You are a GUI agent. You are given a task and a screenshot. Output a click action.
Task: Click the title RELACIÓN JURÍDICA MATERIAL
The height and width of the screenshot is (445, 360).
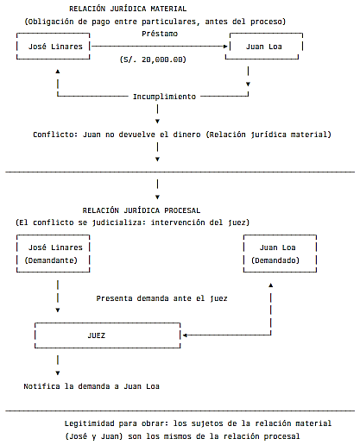[x=128, y=9]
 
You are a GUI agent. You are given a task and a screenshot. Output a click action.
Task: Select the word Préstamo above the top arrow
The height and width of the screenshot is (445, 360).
[x=160, y=34]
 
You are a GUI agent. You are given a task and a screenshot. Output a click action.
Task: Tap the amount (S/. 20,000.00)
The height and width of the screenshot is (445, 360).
[x=153, y=60]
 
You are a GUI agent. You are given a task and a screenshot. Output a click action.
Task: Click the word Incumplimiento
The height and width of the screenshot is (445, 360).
[x=164, y=97]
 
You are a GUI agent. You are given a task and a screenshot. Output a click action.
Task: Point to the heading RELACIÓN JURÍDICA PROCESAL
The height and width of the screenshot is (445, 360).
[x=142, y=210]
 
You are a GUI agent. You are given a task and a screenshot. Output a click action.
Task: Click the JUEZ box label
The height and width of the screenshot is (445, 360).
[x=97, y=335]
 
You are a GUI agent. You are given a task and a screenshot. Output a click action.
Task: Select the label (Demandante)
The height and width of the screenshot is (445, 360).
[x=51, y=260]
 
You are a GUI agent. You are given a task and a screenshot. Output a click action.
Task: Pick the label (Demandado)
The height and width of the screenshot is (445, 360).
[x=275, y=260]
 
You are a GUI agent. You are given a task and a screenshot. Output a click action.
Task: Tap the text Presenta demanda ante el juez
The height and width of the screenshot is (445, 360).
[x=161, y=298]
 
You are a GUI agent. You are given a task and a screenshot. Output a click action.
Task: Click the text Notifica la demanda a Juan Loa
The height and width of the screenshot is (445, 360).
[x=92, y=386]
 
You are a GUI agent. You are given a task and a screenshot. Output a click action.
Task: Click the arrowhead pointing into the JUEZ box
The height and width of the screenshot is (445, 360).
[x=185, y=335]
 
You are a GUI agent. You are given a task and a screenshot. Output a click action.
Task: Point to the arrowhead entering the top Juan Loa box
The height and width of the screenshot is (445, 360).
[x=225, y=47]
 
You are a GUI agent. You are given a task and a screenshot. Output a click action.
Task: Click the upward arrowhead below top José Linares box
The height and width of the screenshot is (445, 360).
[x=58, y=72]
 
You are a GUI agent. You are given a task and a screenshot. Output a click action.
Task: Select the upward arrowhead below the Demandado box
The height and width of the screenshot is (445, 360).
[x=271, y=285]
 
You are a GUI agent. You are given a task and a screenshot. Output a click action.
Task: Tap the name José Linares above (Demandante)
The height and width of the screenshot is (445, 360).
[x=55, y=248]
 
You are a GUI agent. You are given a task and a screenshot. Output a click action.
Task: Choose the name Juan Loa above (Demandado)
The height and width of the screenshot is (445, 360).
[x=278, y=248]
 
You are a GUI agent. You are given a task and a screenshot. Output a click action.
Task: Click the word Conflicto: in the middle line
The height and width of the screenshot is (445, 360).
[x=55, y=135]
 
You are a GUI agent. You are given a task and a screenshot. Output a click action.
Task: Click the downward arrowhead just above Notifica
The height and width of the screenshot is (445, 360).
[x=58, y=373]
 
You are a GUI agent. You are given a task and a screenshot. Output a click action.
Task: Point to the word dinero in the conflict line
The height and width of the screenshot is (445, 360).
[x=186, y=135]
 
